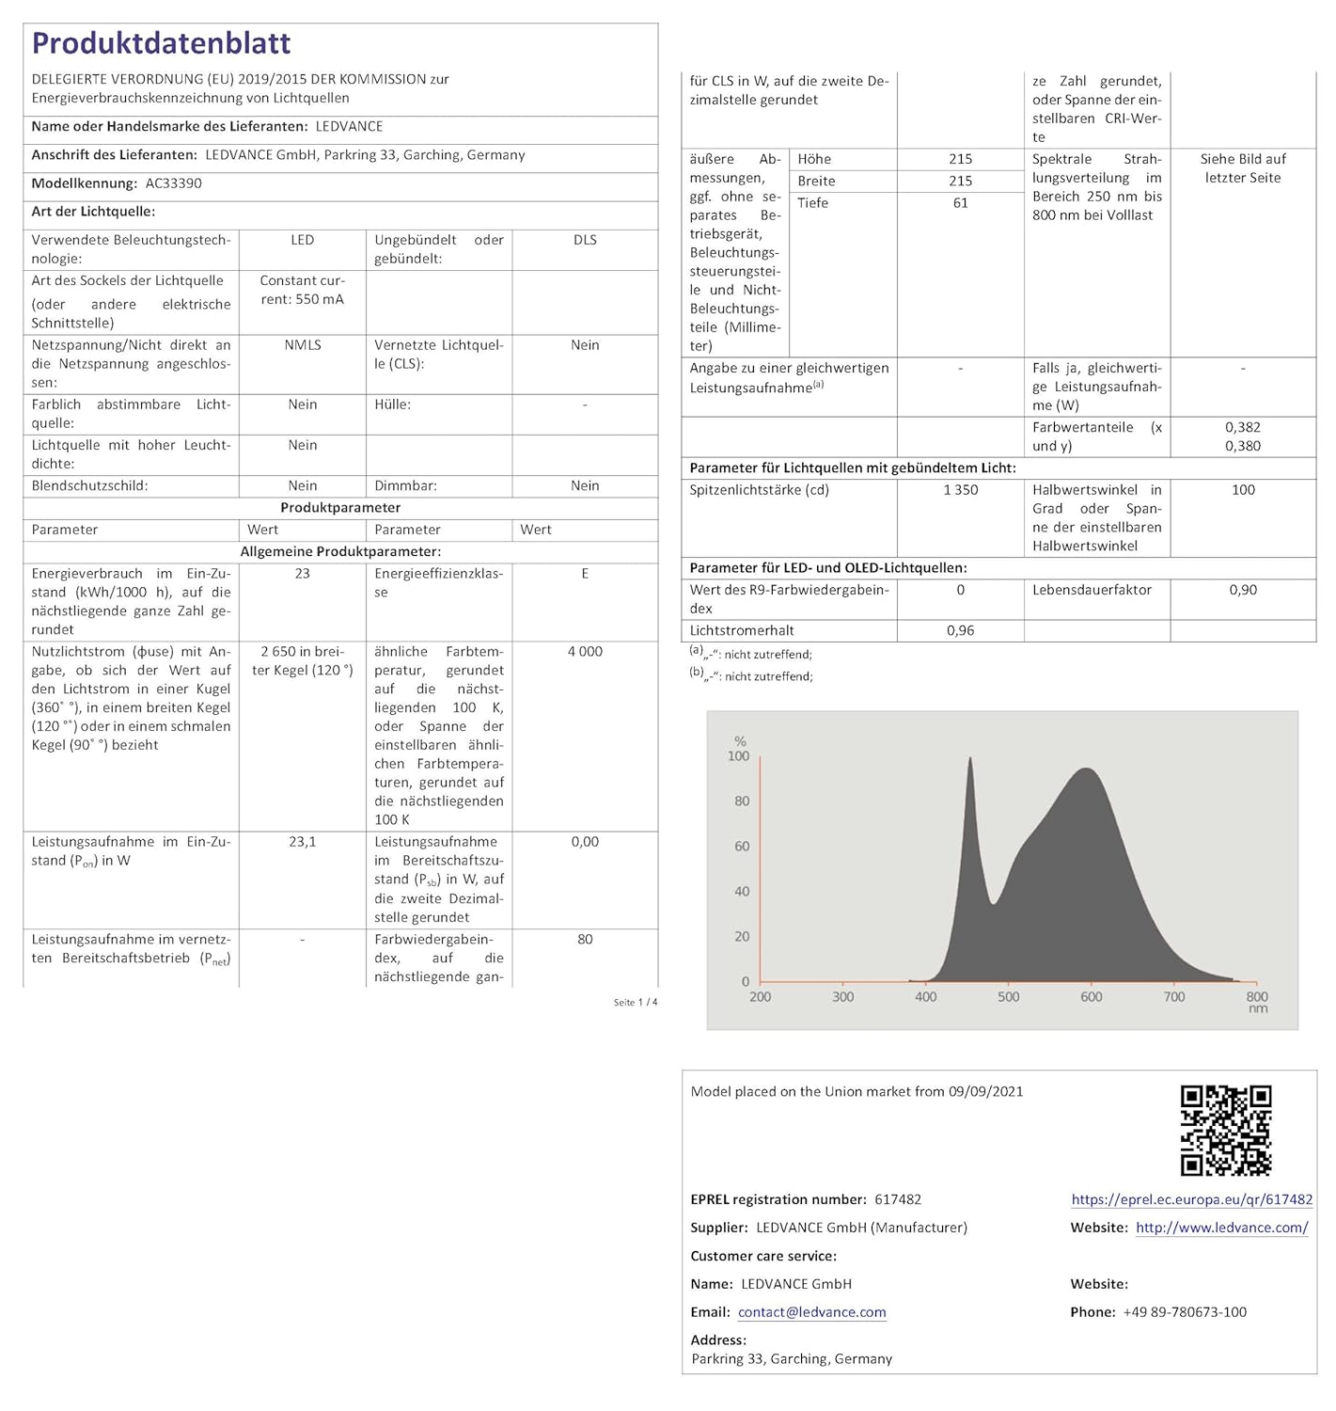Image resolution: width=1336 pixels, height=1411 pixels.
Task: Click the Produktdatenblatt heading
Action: click(x=161, y=43)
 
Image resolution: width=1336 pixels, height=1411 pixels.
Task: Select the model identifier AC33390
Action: click(x=173, y=183)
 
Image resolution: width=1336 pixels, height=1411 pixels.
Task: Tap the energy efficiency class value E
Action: click(x=585, y=574)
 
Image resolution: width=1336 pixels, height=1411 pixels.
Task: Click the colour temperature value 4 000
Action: click(x=585, y=652)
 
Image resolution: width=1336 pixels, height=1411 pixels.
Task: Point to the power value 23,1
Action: click(x=302, y=842)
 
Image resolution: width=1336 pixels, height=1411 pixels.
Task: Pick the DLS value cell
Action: click(x=585, y=240)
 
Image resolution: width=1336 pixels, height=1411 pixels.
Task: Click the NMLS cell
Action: click(x=302, y=345)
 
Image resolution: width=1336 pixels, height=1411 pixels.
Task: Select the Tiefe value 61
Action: click(x=960, y=203)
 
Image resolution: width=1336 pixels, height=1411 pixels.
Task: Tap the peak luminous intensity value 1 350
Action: click(x=960, y=490)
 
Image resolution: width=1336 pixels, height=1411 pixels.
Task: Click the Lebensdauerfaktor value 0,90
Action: click(x=1242, y=590)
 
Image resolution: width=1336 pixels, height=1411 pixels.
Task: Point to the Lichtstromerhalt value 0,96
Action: click(x=960, y=630)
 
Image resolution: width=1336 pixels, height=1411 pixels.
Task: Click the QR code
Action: click(x=1225, y=1130)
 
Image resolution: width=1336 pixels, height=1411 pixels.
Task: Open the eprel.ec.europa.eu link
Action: click(x=1191, y=1199)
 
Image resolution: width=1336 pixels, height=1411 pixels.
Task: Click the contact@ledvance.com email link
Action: click(x=811, y=1312)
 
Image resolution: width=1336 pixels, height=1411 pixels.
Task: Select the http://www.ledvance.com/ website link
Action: click(x=1221, y=1228)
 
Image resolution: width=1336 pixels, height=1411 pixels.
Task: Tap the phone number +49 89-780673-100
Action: click(x=1185, y=1312)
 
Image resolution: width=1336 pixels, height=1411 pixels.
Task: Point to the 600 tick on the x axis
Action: click(x=1091, y=997)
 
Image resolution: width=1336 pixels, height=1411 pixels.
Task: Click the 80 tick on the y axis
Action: click(x=742, y=801)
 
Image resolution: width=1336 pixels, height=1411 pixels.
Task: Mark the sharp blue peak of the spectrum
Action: click(x=970, y=760)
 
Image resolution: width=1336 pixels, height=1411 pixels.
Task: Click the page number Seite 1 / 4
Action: click(x=635, y=1003)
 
